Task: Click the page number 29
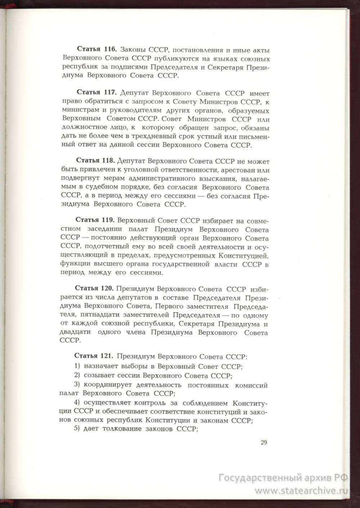point(264,443)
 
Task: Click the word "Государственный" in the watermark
point(258,478)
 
